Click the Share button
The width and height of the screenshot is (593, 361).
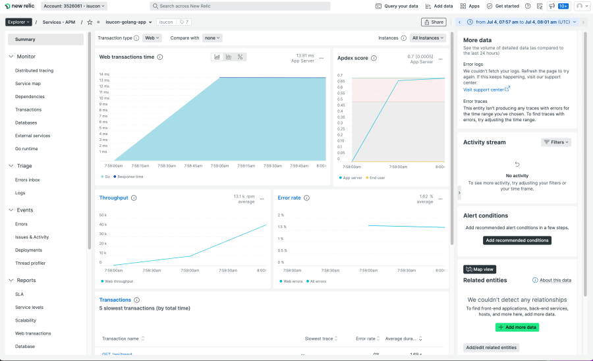[434, 22]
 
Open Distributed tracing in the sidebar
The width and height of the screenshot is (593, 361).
[34, 70]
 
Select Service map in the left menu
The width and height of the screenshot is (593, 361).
[28, 84]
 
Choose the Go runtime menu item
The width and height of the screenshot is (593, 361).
[26, 149]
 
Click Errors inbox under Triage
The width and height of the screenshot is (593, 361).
[28, 180]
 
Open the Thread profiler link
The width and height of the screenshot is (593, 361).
[30, 263]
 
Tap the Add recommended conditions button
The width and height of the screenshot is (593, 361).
[517, 240]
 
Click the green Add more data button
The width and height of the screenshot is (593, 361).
[517, 327]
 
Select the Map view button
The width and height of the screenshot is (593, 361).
[480, 269]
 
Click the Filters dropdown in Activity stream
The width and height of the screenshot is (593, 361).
[555, 142]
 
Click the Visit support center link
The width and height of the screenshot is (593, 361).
[486, 90]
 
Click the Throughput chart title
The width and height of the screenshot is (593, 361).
[113, 198]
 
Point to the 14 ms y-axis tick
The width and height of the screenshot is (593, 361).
[104, 74]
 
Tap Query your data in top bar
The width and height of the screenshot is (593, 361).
[397, 6]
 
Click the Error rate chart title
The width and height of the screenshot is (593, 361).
[289, 198]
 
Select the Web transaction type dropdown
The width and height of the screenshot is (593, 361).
[152, 38]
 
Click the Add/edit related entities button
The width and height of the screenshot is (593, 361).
[491, 347]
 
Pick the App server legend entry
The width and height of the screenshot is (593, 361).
[351, 177]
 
